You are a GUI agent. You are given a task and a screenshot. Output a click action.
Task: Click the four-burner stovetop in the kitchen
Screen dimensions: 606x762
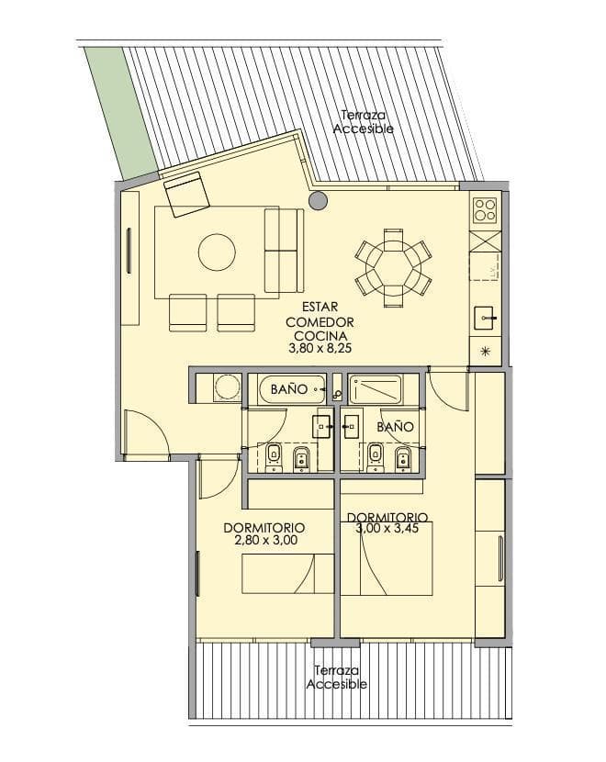(485, 210)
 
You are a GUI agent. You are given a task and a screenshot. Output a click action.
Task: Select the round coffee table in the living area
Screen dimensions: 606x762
(218, 252)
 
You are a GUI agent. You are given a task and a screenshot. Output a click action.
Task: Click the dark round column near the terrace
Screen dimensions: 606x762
(318, 200)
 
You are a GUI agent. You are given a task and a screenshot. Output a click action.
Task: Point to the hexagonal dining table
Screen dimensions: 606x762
(393, 268)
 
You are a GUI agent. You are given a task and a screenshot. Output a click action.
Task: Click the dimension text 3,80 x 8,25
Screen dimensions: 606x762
(320, 349)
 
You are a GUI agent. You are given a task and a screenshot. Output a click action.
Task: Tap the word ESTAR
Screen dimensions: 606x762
(320, 308)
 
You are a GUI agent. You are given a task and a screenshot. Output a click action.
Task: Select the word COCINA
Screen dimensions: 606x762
(320, 336)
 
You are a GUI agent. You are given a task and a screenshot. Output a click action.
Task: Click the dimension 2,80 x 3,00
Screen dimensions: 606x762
(265, 540)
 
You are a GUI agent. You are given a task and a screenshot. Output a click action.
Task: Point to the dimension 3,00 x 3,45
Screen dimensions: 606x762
(387, 529)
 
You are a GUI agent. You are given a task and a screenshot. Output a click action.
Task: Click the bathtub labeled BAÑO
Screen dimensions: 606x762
(292, 388)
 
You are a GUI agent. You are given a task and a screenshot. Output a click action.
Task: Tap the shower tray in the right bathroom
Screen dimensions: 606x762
(376, 389)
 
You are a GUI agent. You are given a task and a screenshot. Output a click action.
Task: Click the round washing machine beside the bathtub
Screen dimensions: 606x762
(227, 387)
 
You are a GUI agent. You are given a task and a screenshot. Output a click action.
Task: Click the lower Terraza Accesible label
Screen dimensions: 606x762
(336, 678)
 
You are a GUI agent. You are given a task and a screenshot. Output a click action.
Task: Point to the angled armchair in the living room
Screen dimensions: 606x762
(186, 194)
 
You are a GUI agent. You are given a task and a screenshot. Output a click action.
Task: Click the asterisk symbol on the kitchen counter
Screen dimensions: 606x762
(485, 352)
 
